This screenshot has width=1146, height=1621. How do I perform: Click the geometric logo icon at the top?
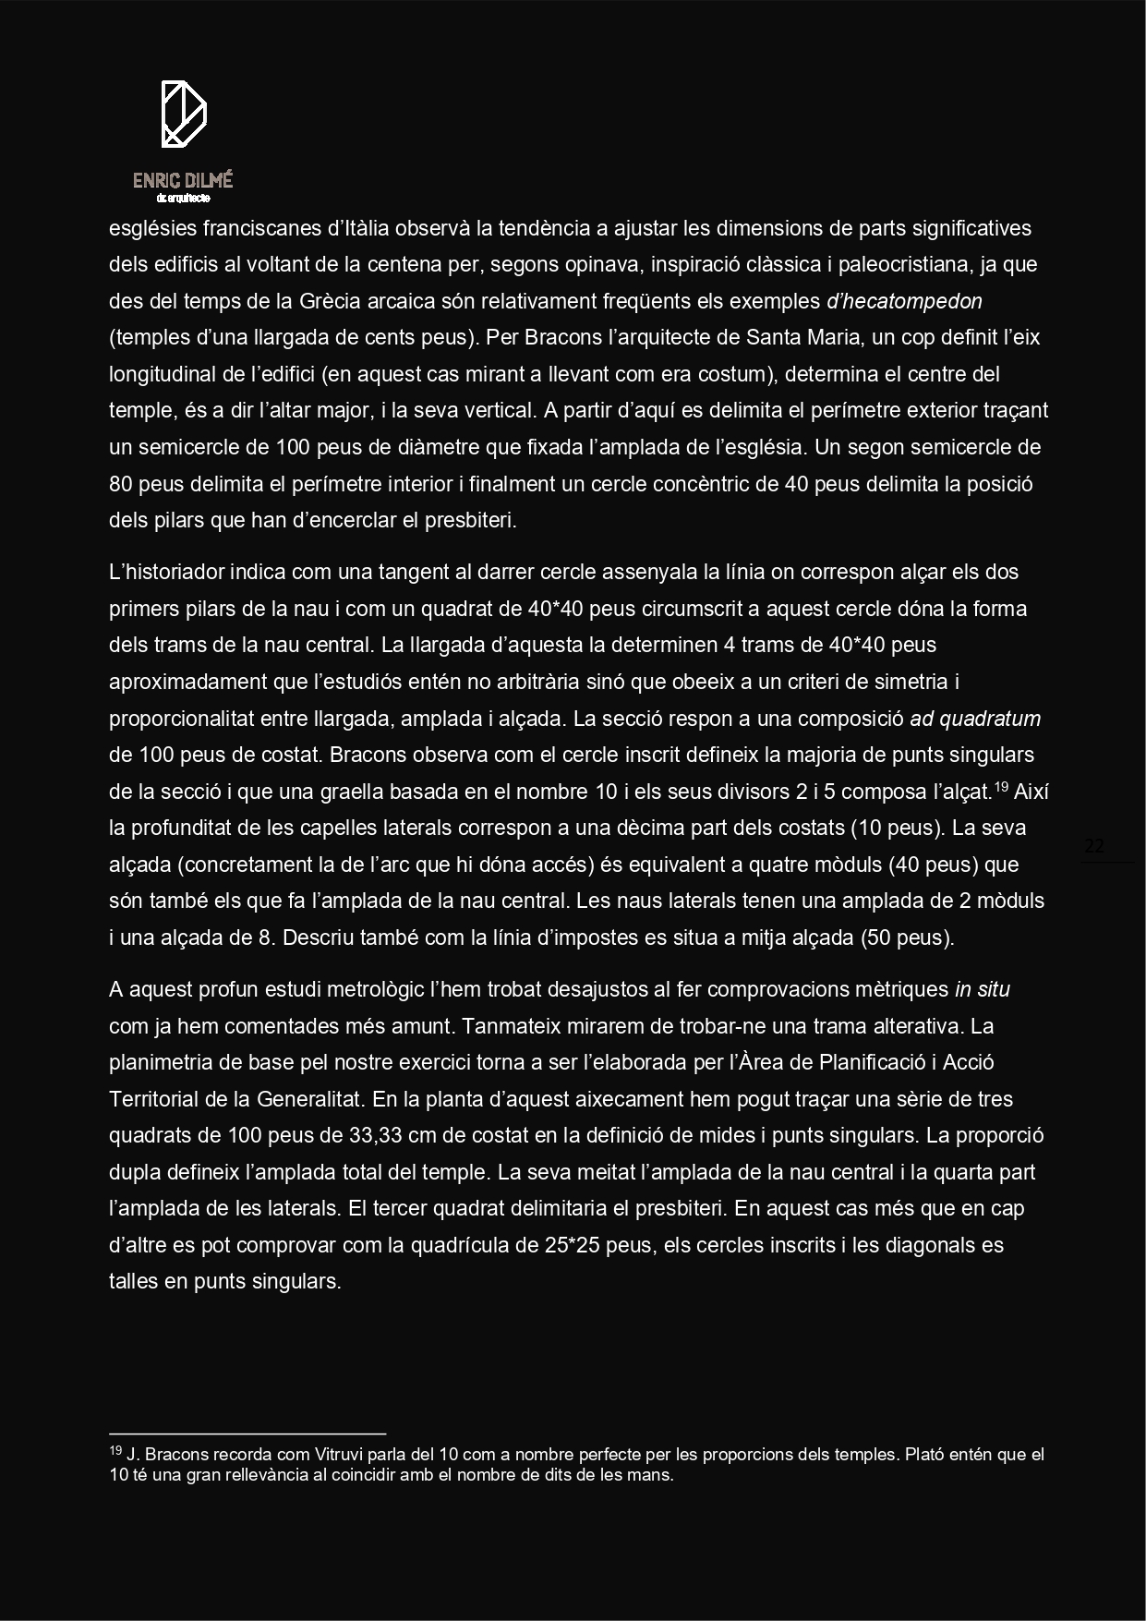point(184,114)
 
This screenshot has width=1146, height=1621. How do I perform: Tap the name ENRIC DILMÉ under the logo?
point(183,181)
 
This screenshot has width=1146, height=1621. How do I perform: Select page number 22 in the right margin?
point(1094,846)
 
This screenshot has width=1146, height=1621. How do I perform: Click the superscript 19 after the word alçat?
point(1002,787)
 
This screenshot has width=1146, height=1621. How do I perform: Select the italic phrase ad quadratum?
point(975,719)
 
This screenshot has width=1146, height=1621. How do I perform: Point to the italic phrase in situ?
point(982,989)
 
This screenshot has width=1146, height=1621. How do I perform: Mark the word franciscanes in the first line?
point(261,228)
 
